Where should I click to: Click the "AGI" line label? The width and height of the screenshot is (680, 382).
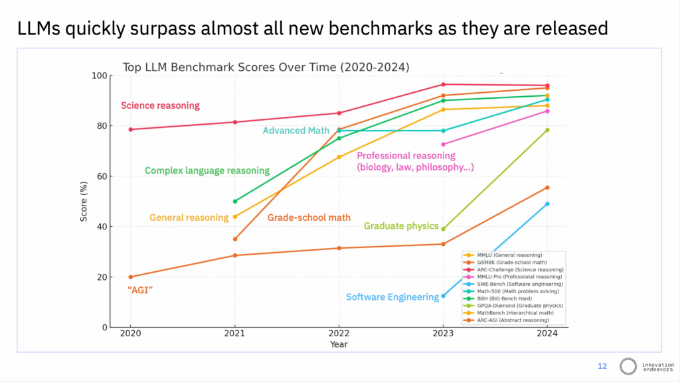(x=140, y=290)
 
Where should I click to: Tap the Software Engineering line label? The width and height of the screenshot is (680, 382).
(x=392, y=297)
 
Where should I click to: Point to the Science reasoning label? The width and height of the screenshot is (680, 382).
(x=160, y=105)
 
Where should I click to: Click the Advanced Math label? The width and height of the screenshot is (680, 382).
(x=296, y=131)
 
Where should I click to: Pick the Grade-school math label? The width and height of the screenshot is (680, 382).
(x=309, y=218)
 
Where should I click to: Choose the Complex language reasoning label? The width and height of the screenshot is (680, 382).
(x=207, y=170)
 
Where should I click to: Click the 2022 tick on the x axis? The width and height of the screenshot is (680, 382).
(x=339, y=334)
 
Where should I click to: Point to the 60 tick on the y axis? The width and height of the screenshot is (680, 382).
(x=100, y=176)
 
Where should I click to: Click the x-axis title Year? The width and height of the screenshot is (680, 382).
(x=339, y=344)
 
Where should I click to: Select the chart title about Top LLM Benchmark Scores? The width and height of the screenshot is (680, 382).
(x=266, y=67)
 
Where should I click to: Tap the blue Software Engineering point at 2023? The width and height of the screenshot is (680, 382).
(x=444, y=296)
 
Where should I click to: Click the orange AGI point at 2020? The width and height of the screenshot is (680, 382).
(x=131, y=277)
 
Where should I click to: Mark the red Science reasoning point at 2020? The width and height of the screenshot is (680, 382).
(x=131, y=129)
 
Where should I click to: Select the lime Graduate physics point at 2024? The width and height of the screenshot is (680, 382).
(x=547, y=130)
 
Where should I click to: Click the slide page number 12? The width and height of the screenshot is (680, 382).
(x=602, y=365)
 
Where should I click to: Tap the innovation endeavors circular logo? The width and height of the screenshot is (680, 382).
(x=628, y=366)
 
